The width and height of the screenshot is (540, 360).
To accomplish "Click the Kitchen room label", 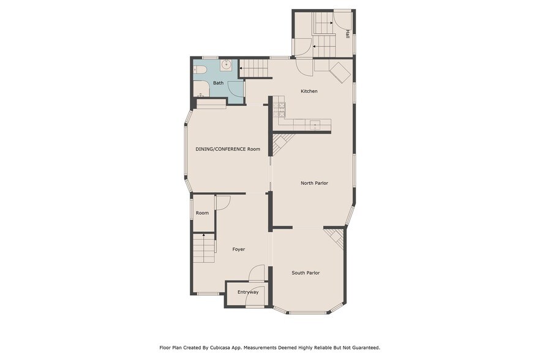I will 309,91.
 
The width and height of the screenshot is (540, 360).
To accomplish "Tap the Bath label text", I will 218,83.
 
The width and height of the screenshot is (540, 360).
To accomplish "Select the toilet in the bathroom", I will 199,71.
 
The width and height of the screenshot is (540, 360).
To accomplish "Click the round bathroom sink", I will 225,64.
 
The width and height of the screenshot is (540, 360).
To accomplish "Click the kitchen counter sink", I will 315,126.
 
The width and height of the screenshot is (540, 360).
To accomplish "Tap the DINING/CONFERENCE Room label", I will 228,149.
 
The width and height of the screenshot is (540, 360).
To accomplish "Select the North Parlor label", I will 314,183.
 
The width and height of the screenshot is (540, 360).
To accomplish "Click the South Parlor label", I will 306,273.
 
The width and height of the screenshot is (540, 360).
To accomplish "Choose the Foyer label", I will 238,249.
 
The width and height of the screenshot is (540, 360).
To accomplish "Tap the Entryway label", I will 248,292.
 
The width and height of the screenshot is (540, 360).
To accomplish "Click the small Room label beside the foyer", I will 202,213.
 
